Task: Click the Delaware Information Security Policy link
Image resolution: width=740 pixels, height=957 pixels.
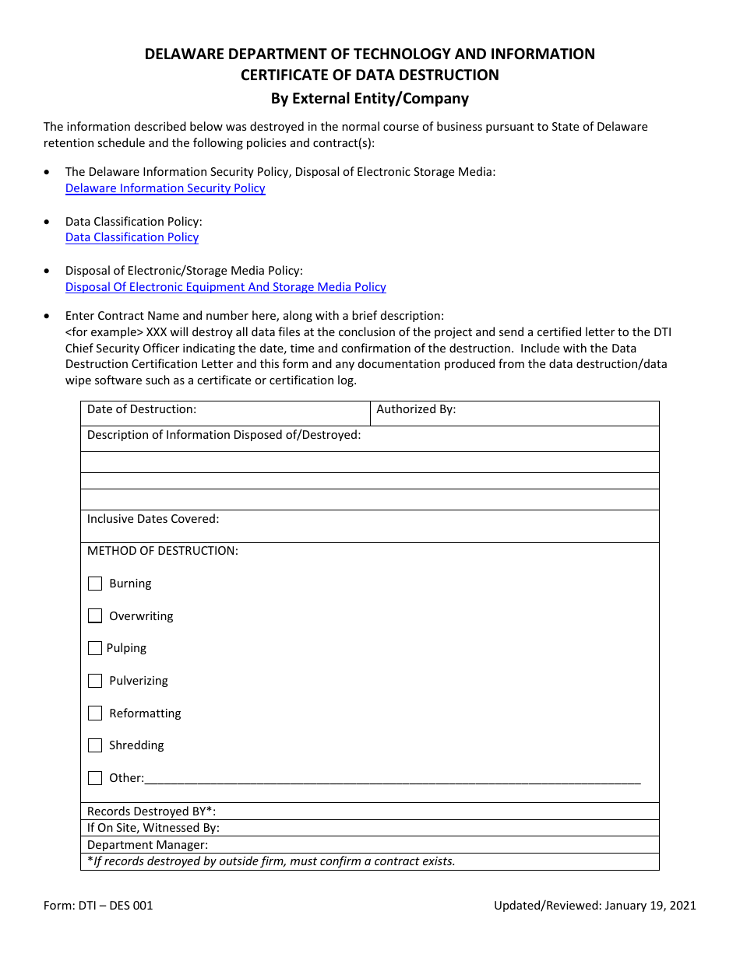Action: [x=165, y=188]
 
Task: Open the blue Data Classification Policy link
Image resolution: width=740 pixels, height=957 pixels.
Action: [x=132, y=237]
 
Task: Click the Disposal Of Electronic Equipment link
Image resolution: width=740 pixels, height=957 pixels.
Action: [x=225, y=287]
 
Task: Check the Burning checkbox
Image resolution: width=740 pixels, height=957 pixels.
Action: [x=95, y=584]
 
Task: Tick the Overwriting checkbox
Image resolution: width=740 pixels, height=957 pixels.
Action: [x=95, y=616]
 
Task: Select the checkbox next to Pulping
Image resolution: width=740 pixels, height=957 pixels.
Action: [x=95, y=648]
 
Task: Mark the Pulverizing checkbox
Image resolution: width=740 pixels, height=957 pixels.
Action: [x=95, y=681]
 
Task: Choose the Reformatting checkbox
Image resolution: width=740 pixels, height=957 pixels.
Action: [x=95, y=713]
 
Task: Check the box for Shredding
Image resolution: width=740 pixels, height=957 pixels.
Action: [x=95, y=745]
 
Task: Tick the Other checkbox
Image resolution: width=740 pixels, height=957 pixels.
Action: [x=95, y=778]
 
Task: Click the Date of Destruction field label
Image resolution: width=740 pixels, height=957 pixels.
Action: [x=142, y=409]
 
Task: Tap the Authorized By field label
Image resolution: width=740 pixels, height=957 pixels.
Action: [x=416, y=409]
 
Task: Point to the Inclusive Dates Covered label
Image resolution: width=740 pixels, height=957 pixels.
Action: [x=153, y=519]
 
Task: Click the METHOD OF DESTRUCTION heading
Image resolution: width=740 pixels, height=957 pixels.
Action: [x=162, y=551]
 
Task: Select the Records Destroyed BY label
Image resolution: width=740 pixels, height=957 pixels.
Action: [x=151, y=812]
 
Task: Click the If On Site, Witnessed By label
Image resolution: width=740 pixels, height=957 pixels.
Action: [x=153, y=828]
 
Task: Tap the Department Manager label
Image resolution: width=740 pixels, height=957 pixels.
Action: [x=147, y=845]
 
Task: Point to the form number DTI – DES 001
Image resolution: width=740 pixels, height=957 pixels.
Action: [x=98, y=906]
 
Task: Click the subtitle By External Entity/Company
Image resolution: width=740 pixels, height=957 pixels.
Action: [x=369, y=99]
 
